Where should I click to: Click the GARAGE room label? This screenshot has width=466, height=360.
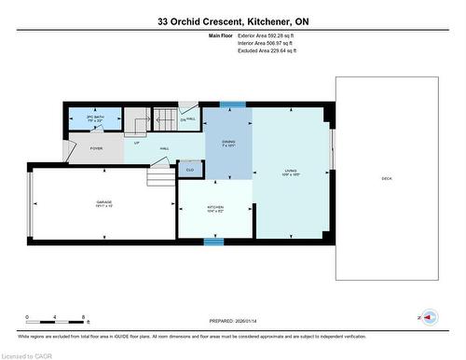click(103, 204)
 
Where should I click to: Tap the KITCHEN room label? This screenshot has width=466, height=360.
click(215, 209)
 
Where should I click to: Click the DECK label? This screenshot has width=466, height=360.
click(386, 178)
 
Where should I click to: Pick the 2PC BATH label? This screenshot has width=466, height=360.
click(94, 118)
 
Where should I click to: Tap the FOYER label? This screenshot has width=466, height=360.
click(96, 148)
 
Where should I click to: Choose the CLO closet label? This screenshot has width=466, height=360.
click(190, 170)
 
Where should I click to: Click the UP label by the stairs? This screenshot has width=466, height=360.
click(135, 143)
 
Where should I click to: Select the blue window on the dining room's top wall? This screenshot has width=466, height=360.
click(231, 104)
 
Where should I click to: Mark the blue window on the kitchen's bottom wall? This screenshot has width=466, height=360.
click(214, 241)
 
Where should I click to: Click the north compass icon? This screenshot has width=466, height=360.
click(428, 318)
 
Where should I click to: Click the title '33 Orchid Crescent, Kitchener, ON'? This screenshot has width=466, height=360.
click(232, 21)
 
